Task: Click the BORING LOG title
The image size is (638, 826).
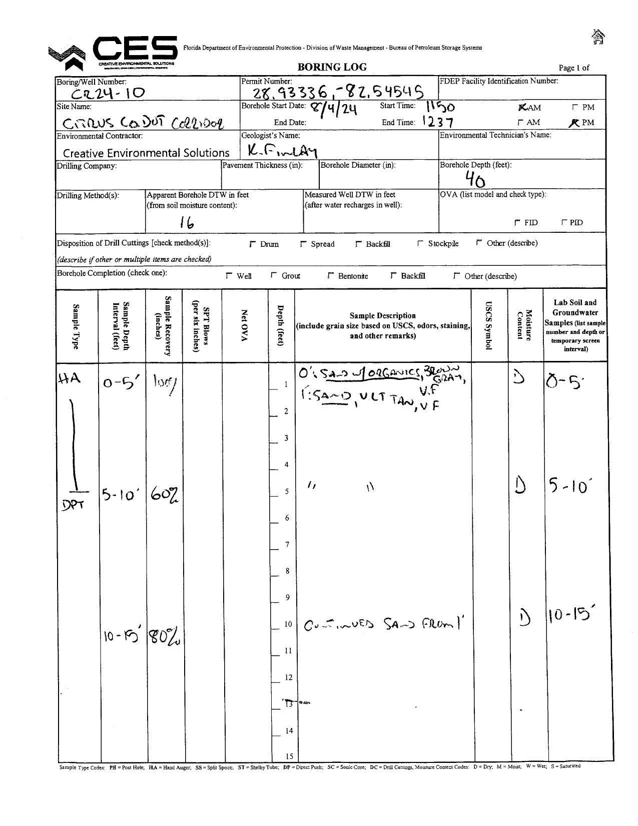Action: (332, 67)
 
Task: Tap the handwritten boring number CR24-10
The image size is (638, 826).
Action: (108, 93)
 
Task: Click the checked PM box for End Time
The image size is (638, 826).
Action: (574, 122)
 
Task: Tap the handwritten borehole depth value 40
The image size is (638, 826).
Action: (475, 179)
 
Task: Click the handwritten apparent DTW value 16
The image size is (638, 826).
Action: (187, 223)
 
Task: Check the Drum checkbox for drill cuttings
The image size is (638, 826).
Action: (253, 244)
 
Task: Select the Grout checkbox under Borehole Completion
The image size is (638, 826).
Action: (274, 275)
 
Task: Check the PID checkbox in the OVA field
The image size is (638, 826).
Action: (564, 222)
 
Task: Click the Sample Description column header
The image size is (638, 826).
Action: (382, 325)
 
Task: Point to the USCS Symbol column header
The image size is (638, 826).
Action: (489, 325)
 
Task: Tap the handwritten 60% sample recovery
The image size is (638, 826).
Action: (164, 496)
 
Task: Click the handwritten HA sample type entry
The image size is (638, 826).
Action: (69, 379)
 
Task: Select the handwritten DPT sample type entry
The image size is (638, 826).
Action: (73, 506)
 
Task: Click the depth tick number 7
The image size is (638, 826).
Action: (287, 544)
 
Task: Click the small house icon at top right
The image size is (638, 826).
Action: (598, 37)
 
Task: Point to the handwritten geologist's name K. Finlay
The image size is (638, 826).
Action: (282, 149)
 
